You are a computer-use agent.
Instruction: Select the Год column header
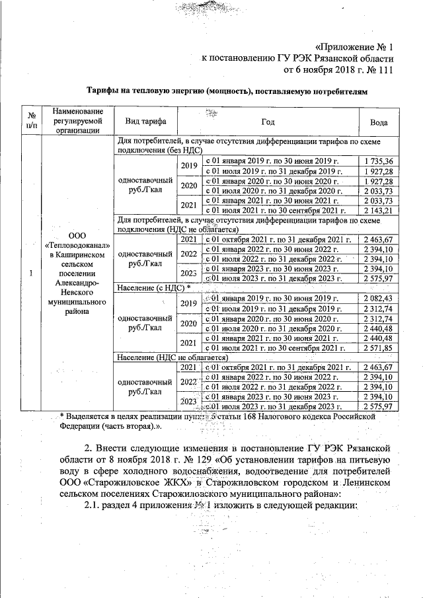click(268, 122)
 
